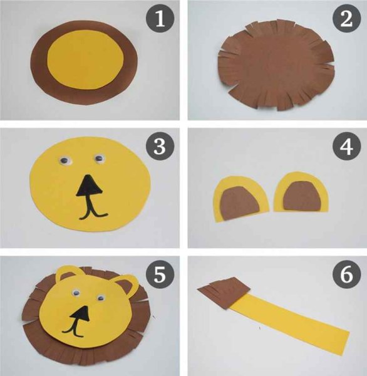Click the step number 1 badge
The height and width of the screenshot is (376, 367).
(x=160, y=18)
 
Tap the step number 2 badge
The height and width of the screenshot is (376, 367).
(x=346, y=18)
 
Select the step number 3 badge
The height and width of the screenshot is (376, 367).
(x=160, y=146)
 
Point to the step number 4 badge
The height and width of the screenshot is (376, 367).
(x=346, y=146)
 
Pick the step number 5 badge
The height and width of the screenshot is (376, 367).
(x=160, y=274)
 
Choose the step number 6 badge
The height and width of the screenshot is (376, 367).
(x=346, y=274)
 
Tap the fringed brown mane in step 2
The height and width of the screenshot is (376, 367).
(x=276, y=65)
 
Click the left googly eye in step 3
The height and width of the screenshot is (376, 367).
(x=65, y=160)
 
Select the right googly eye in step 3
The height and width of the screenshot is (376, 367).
(x=100, y=159)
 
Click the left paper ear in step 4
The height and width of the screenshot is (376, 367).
(x=240, y=198)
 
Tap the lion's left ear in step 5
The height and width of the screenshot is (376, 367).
(x=68, y=276)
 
